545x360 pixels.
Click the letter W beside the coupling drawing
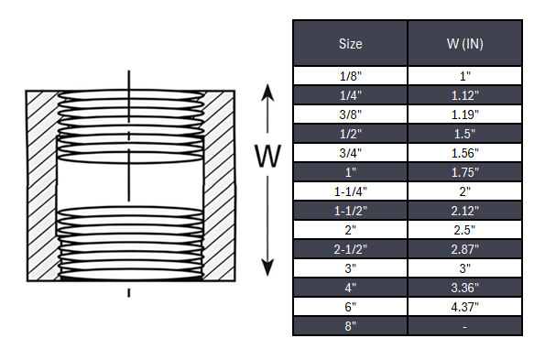(267, 157)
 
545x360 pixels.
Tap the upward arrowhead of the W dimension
(267, 93)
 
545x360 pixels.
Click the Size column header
(351, 43)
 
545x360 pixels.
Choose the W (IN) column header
(464, 43)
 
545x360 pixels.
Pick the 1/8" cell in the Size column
(351, 75)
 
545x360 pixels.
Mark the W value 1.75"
(464, 171)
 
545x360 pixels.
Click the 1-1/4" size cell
(351, 191)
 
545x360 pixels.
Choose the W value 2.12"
(464, 210)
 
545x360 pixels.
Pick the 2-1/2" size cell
(351, 248)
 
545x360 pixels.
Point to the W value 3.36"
(464, 287)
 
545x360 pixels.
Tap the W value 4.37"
(464, 306)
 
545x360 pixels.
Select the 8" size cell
(351, 325)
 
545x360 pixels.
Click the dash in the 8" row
(464, 325)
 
